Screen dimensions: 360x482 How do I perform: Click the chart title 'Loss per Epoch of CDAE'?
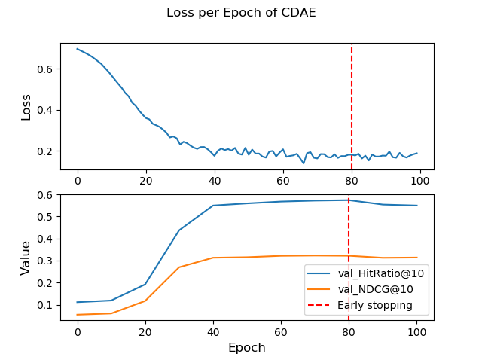click(x=241, y=13)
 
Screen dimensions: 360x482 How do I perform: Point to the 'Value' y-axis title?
click(x=26, y=258)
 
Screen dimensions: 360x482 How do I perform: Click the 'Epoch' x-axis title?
click(x=247, y=348)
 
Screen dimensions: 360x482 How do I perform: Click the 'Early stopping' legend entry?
click(x=374, y=305)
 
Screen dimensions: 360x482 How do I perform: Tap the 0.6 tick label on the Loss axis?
click(x=46, y=69)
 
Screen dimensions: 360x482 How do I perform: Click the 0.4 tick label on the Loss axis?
click(x=46, y=110)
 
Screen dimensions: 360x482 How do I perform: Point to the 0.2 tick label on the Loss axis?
click(x=46, y=151)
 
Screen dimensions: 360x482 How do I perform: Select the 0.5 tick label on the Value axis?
click(x=46, y=217)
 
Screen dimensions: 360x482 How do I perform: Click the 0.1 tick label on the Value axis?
click(x=46, y=306)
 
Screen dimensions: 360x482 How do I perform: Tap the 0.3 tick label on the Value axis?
click(x=46, y=261)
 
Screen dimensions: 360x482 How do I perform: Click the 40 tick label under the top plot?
click(x=215, y=182)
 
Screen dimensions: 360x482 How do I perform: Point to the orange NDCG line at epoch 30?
click(x=179, y=267)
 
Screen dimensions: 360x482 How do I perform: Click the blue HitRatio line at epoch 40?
click(x=213, y=206)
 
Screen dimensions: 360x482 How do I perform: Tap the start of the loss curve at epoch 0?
click(x=78, y=49)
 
